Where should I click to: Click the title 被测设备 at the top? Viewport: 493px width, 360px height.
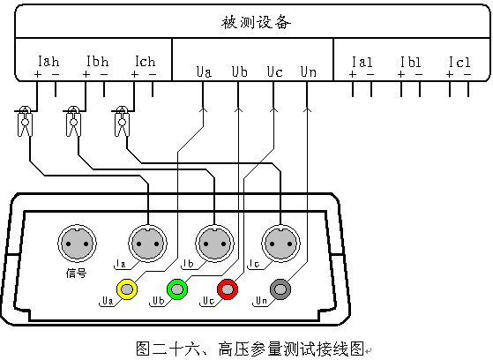(256, 22)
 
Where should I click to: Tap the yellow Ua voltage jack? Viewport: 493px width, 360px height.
(127, 289)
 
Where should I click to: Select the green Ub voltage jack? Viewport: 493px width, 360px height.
(177, 289)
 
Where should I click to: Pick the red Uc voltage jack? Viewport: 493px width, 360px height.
(228, 289)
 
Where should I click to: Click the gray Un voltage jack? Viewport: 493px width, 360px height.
(280, 289)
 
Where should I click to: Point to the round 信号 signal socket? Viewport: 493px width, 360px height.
(77, 244)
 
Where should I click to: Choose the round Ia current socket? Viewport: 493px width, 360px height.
(148, 244)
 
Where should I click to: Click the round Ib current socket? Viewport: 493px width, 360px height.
(214, 244)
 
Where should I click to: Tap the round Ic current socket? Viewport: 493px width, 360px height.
(280, 244)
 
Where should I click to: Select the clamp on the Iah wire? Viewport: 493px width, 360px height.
(25, 122)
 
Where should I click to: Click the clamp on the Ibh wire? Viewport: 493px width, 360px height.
(73, 122)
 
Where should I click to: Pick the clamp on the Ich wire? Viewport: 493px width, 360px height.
(122, 122)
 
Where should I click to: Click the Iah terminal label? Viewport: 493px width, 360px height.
(49, 62)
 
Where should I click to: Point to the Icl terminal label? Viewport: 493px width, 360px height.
(459, 62)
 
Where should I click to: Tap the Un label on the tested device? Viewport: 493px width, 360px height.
(308, 71)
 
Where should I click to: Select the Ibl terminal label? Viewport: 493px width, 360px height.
(411, 62)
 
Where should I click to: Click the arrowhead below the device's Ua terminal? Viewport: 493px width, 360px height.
(204, 109)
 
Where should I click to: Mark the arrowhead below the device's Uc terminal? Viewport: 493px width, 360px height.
(274, 109)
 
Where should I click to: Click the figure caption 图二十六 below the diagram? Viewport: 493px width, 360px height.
(168, 349)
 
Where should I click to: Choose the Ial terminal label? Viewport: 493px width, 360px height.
(362, 62)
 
